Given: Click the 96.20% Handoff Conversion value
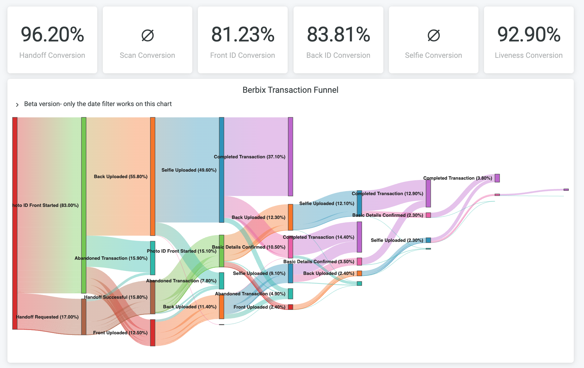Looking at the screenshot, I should click(52, 34).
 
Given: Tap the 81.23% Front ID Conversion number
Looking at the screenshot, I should click(243, 34).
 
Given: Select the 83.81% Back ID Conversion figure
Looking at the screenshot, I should click(338, 34).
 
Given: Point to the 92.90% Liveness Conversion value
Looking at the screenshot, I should click(529, 34).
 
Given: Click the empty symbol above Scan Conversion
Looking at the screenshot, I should click(147, 35).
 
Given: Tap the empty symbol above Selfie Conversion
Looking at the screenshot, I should click(434, 35).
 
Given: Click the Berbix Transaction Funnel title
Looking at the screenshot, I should click(290, 90).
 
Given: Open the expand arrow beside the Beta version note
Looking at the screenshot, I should click(17, 105).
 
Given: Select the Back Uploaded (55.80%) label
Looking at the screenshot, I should click(121, 177).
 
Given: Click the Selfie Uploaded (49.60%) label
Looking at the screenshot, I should click(189, 170).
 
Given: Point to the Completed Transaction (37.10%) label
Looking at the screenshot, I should click(250, 157).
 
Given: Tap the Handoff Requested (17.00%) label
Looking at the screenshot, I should click(47, 317).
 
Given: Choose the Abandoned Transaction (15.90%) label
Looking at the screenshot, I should click(111, 258).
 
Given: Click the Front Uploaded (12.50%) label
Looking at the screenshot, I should click(120, 333).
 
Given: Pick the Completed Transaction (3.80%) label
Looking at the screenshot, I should click(458, 178).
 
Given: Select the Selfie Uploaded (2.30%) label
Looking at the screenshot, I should click(397, 240).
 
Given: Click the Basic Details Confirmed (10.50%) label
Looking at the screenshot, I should click(249, 247).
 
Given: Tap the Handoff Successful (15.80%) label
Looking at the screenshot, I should click(116, 297).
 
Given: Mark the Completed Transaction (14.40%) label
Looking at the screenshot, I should click(318, 237).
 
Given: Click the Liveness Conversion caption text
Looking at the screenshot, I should click(529, 55).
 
